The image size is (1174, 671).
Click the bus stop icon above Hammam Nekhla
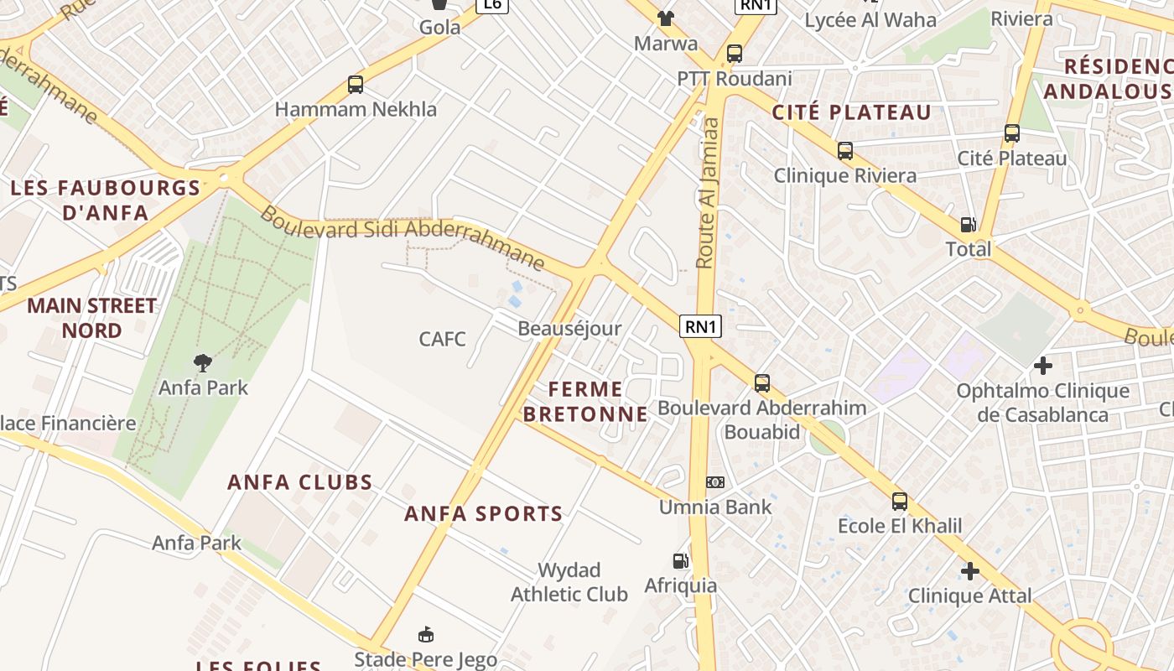coord(356,85)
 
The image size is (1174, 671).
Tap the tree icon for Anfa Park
coord(202,363)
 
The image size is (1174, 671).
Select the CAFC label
coord(442,339)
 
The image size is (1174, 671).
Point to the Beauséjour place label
coord(569,328)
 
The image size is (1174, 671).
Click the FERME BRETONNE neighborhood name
coord(585,401)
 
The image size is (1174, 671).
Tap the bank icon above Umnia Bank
coord(715,482)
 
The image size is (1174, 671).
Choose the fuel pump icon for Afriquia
coord(680,560)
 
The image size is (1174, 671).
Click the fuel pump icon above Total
coord(969,224)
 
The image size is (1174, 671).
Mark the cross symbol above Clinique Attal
coord(970,571)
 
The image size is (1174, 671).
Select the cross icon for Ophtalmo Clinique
coord(1043,366)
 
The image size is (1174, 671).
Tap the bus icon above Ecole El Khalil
coord(900,502)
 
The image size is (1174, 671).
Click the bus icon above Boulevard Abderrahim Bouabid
coord(762,383)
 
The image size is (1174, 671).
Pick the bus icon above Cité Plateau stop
coord(1012,133)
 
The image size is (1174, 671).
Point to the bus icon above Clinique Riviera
coord(845,151)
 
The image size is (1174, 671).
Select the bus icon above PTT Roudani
coord(735,54)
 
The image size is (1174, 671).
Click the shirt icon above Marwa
coord(665,18)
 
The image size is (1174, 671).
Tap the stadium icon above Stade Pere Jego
coord(426,634)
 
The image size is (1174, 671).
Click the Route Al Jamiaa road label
coord(709,192)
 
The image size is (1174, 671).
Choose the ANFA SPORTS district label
coord(483,514)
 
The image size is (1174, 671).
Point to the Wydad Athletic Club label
coord(569,582)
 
